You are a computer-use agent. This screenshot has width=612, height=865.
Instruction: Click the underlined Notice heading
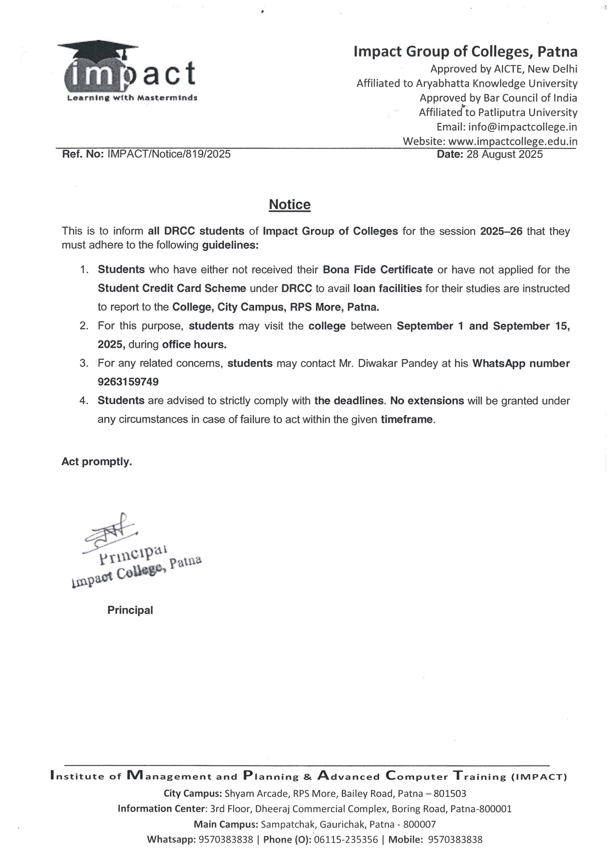coord(289,204)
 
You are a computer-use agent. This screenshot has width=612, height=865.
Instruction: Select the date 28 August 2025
coord(505,154)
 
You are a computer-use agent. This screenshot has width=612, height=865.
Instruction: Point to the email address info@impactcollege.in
coord(522,127)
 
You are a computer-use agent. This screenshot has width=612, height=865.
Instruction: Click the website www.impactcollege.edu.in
coord(513,141)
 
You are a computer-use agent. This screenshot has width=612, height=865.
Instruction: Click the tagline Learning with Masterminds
coord(132,98)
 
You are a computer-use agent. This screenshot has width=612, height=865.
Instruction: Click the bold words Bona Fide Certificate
coord(378,270)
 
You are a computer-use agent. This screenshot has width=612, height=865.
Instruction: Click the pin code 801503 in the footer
coord(450,794)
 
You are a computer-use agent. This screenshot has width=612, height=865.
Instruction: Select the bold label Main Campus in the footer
coord(225,824)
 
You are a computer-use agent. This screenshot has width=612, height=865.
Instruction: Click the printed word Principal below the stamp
coord(130,610)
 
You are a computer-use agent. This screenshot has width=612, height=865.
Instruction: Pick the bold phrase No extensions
coord(427,401)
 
